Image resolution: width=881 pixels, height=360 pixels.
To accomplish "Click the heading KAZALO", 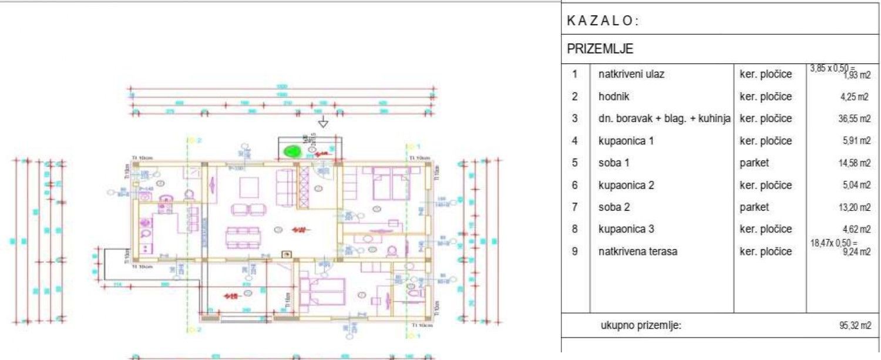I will coord(603,21).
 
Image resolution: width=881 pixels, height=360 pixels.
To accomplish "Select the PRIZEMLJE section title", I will coord(600,49).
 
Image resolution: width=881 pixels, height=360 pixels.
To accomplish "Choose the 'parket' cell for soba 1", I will coord(754,163).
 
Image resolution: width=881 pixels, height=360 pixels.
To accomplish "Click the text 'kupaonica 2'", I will coord(626,185).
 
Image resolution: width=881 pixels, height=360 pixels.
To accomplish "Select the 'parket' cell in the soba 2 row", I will coord(754,207).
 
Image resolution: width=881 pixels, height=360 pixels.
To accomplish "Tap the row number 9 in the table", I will coord(575,251).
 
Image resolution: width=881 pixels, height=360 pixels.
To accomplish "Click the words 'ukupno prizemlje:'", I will coord(641,326).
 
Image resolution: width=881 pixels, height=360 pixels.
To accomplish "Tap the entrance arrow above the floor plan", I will coord(322,123).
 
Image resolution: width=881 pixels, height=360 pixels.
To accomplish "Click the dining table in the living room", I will coord(243,237).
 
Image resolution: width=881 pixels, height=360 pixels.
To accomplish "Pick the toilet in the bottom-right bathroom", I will coord(415,292).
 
